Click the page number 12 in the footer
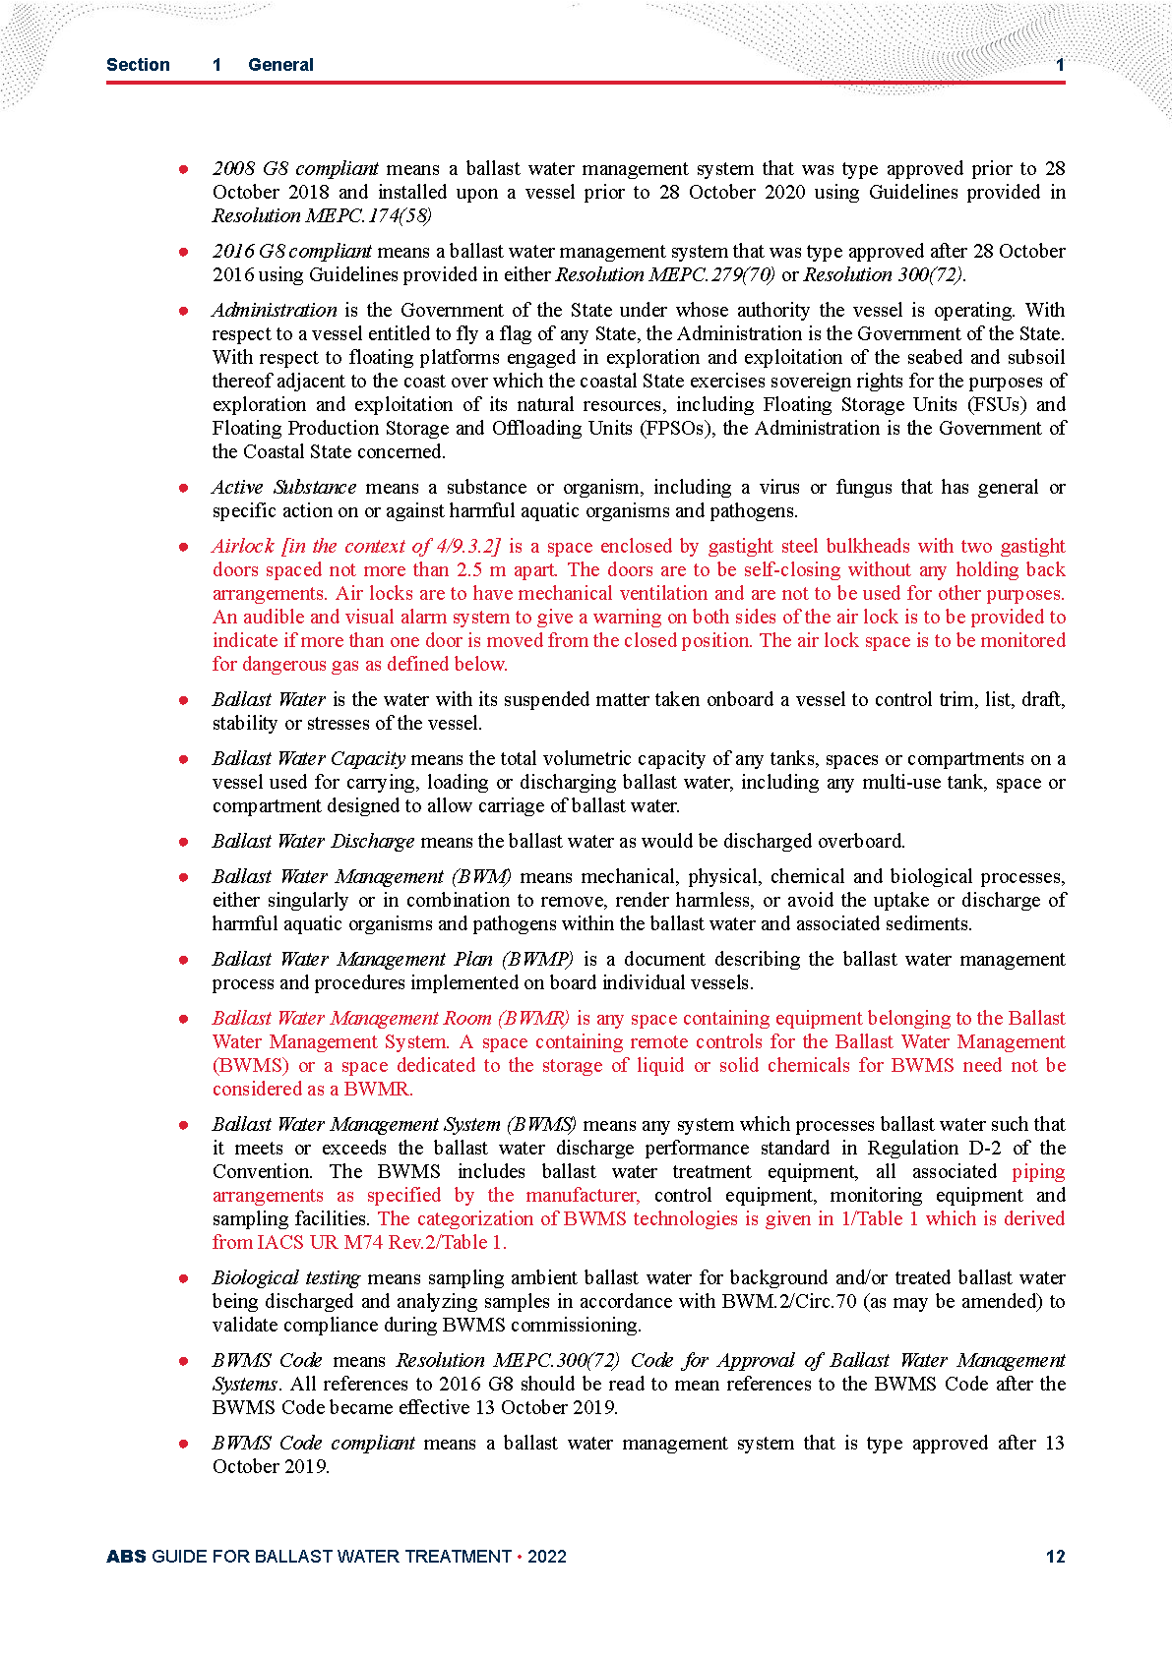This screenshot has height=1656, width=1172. pyautogui.click(x=1055, y=1556)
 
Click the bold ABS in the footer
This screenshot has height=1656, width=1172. pyautogui.click(x=126, y=1556)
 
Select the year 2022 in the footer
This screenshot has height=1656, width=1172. pyautogui.click(x=547, y=1556)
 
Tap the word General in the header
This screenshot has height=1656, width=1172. pyautogui.click(x=280, y=65)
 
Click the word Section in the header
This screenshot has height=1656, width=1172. pyautogui.click(x=138, y=65)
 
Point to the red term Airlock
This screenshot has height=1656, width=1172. pyautogui.click(x=243, y=546)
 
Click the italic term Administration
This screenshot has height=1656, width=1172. pyautogui.click(x=275, y=310)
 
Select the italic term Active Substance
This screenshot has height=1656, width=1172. pyautogui.click(x=284, y=487)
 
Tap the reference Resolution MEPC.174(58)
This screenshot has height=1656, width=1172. pyautogui.click(x=322, y=215)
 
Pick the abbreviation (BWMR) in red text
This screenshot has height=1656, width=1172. pyautogui.click(x=533, y=1018)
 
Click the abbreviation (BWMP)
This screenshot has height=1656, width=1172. pyautogui.click(x=537, y=959)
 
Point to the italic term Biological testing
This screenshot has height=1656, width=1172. pyautogui.click(x=286, y=1277)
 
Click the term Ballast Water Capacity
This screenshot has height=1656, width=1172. pyautogui.click(x=309, y=758)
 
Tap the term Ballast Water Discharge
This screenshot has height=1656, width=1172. pyautogui.click(x=313, y=841)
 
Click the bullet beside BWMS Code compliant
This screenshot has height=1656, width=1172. pyautogui.click(x=184, y=1444)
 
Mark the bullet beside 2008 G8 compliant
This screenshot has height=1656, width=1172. pyautogui.click(x=184, y=169)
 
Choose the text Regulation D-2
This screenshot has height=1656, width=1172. pyautogui.click(x=934, y=1148)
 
